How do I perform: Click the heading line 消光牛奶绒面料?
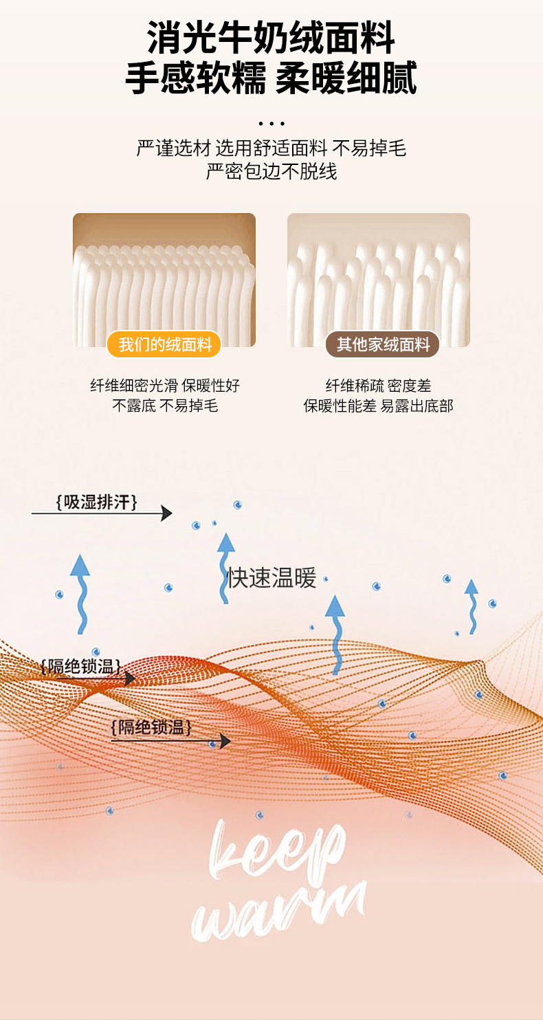point(271,38)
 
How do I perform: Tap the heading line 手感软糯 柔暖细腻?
point(271,78)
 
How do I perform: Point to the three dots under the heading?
point(271,124)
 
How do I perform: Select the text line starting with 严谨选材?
point(271,148)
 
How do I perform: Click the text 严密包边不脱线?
point(271,171)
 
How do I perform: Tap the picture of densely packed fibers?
point(164,278)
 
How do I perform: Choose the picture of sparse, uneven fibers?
point(378,278)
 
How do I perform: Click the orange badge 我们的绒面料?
point(164,344)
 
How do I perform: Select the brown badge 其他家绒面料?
point(382,344)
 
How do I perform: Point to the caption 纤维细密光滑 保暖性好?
point(164,386)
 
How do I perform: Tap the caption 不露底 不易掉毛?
point(164,406)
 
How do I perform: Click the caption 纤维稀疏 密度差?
point(378,386)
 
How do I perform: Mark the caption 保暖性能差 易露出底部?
point(378,406)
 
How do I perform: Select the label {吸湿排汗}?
point(96,502)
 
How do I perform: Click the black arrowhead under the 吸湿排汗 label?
point(166,513)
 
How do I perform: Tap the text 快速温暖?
point(272,578)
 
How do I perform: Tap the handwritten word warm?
point(278,911)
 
